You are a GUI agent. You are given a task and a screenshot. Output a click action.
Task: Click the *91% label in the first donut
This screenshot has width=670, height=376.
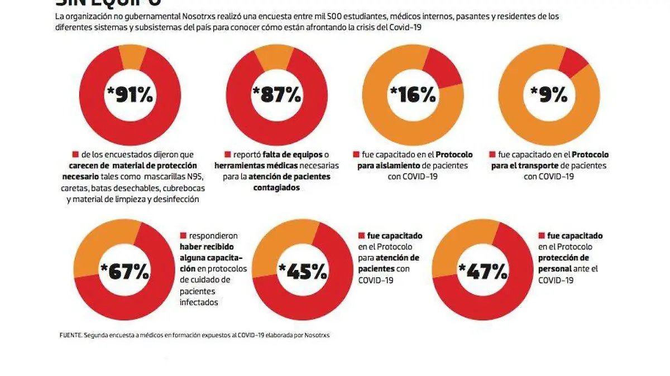point(130,95)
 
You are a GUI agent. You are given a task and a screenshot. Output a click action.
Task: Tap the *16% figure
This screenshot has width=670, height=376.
point(413,95)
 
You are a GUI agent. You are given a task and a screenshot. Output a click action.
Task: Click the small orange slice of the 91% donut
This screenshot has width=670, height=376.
point(133,57)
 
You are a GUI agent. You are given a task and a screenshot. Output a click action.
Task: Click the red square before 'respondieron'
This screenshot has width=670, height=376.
point(183,236)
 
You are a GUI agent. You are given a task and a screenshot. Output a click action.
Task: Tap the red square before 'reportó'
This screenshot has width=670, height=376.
point(227,155)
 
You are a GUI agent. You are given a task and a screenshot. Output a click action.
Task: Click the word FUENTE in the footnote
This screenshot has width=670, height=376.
point(70,335)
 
